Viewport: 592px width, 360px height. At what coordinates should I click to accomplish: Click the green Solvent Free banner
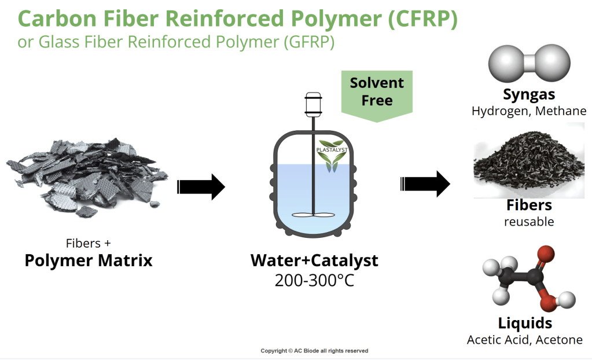377,93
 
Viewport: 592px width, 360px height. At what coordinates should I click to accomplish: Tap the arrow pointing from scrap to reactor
200,186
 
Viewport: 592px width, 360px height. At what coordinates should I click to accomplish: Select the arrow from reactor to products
425,184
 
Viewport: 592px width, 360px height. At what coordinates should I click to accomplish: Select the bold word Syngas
529,94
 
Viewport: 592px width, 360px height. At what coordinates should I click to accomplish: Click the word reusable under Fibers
529,222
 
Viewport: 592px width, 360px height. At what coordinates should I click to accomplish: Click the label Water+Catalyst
314,260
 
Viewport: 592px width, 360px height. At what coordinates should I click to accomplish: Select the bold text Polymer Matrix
89,260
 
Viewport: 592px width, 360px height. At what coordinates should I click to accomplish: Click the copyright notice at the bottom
314,351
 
